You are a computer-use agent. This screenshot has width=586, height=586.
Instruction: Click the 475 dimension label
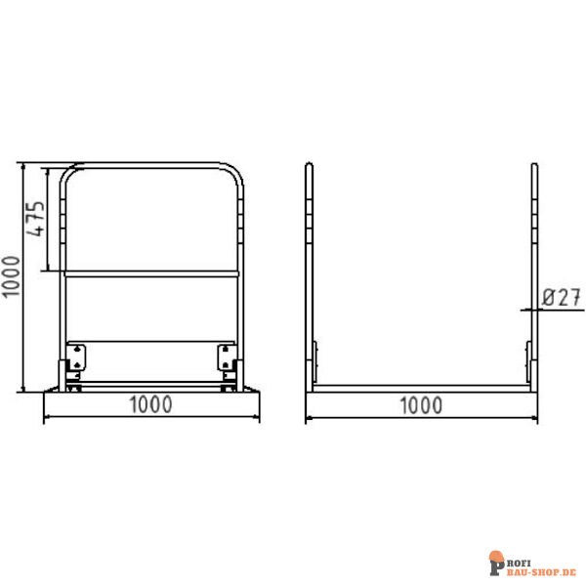[35, 218]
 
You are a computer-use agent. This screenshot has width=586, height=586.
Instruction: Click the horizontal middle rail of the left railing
[152, 274]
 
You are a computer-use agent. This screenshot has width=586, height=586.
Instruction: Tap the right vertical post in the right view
[534, 273]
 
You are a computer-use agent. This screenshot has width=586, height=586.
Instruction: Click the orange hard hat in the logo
[497, 556]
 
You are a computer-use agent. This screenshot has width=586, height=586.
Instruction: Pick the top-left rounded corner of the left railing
[64, 173]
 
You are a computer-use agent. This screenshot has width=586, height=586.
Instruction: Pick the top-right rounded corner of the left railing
[237, 173]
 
